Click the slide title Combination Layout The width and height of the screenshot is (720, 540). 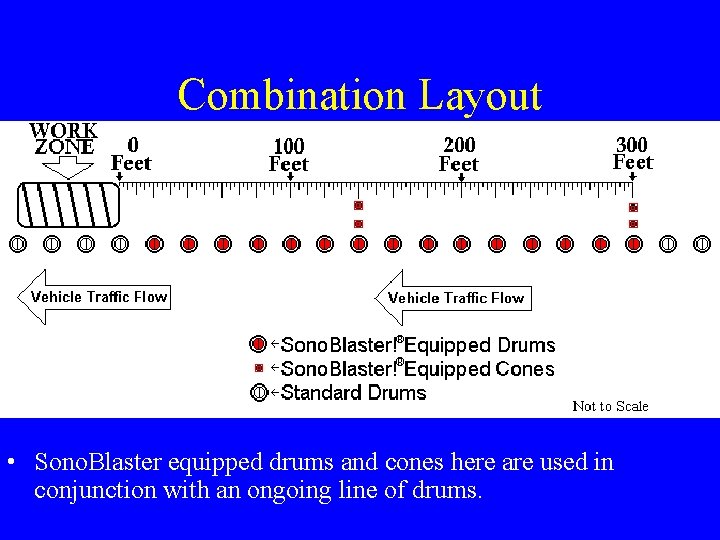pos(359,95)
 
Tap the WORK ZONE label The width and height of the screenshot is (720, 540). pos(63,139)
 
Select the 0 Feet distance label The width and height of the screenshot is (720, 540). pos(131,154)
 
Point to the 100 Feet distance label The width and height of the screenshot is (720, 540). pos(288,155)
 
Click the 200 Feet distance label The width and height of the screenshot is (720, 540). pos(459,154)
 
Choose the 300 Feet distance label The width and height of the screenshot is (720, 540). pos(632,153)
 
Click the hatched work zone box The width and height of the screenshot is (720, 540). pos(68,205)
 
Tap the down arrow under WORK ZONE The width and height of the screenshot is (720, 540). pos(65,167)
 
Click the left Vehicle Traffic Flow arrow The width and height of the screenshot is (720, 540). pos(94,297)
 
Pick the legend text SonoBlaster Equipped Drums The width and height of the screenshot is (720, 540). pos(418,345)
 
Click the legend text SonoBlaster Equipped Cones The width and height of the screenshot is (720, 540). pos(418,369)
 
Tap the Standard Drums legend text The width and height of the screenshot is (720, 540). pos(354,393)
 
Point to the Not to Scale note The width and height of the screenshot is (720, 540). pos(610,406)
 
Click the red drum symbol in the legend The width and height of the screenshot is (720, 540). pos(258,345)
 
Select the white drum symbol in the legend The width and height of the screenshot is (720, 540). pos(258,393)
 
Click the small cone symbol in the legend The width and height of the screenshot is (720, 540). pos(258,368)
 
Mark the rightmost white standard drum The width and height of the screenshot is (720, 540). pos(702,243)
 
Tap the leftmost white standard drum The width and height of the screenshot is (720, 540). pos(17,243)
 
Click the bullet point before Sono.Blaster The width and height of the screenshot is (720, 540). pos(10,463)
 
